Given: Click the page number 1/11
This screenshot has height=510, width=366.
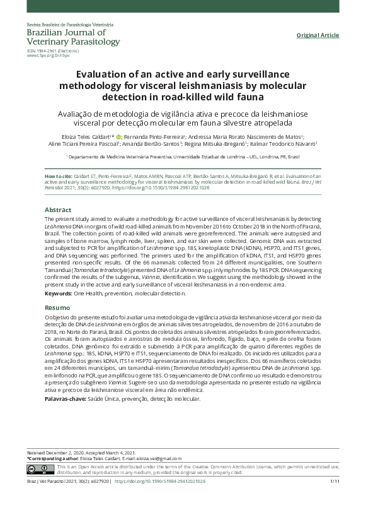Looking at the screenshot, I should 335,499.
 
